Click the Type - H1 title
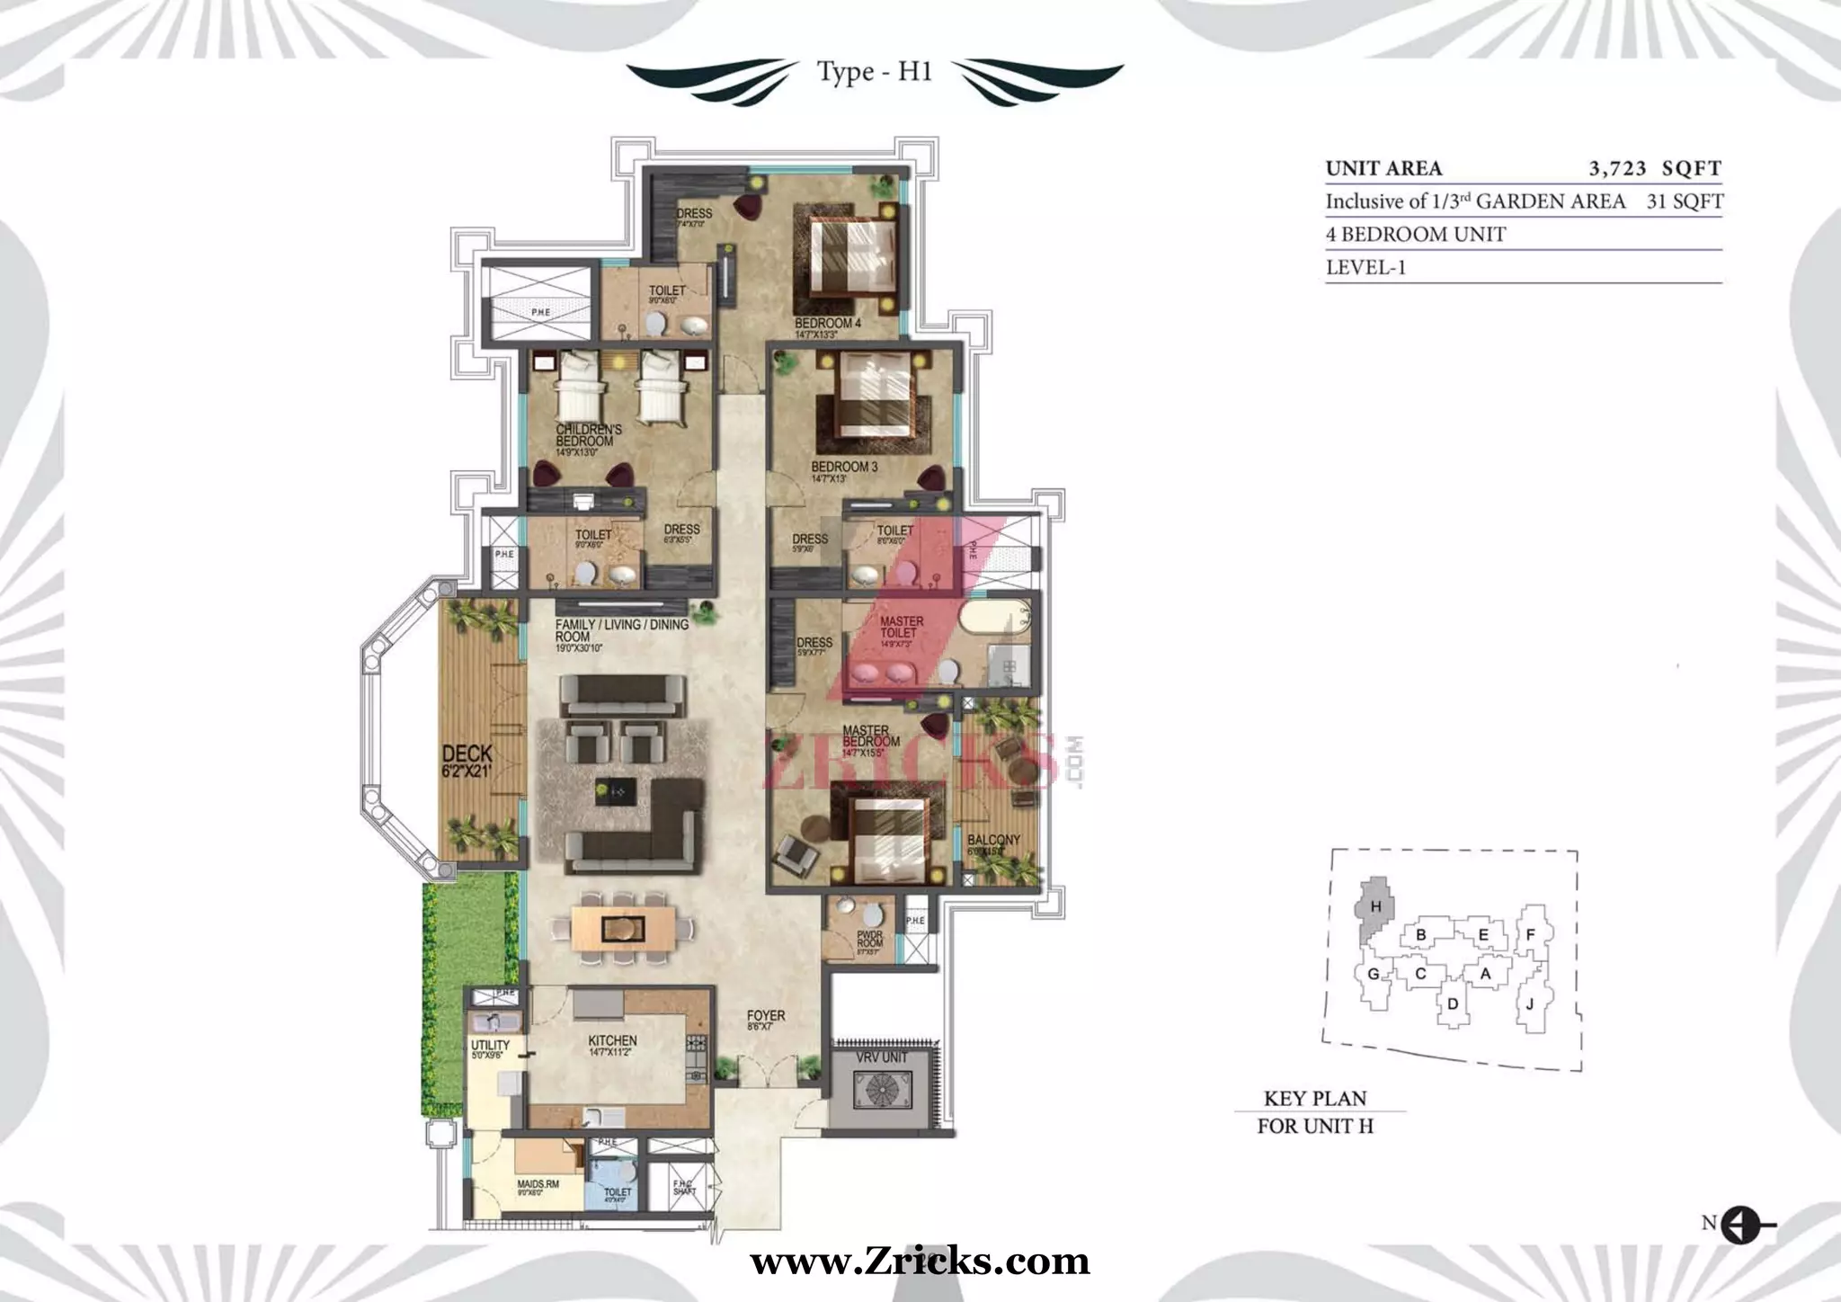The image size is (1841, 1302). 874,72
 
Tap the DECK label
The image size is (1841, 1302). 467,754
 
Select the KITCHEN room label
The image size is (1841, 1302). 612,1040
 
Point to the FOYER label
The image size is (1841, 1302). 766,1016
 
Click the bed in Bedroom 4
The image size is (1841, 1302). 854,254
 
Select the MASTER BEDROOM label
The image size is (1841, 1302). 870,736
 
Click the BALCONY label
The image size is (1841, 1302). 993,840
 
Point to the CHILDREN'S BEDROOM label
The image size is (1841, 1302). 588,435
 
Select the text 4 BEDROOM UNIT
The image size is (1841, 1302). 1415,235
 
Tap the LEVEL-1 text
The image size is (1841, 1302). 1365,268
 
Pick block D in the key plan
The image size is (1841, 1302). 1453,1003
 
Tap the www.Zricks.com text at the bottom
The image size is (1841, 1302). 920,1262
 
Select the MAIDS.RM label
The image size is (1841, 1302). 538,1184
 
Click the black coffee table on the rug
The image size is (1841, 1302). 616,791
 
